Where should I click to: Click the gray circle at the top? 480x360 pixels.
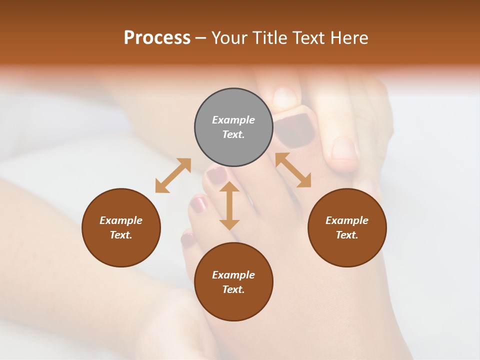point(233,127)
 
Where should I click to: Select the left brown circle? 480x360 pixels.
point(121,227)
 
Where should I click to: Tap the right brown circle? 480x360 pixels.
point(347,227)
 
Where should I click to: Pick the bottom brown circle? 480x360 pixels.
point(233,282)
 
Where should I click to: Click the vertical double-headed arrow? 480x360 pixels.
point(229,205)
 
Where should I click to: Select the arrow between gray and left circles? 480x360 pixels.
point(173,175)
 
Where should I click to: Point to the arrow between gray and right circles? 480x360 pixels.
point(293,170)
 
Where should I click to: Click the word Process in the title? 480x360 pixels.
point(157,37)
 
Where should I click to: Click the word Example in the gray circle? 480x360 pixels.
point(233,120)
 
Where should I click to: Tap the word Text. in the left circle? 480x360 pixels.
point(121,235)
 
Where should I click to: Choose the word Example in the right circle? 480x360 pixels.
point(347,220)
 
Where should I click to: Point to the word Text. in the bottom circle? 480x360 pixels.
point(233,289)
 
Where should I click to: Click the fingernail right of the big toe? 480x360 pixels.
point(344,148)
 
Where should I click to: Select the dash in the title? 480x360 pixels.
point(201,38)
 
